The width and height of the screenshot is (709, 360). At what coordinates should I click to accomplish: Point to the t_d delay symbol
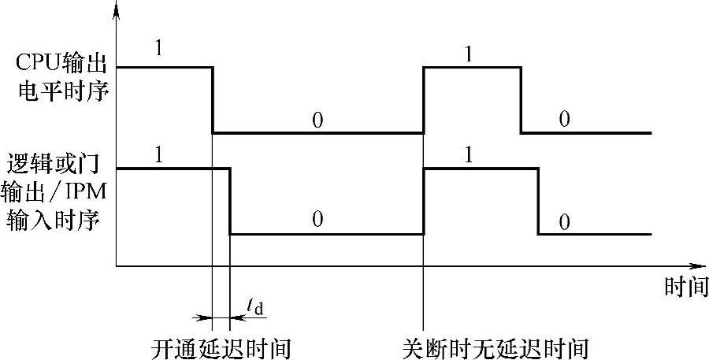254,304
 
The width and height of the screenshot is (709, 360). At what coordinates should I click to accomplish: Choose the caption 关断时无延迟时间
495,347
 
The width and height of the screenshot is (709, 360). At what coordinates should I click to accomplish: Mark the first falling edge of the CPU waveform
213,100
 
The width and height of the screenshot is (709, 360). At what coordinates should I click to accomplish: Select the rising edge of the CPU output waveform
424,100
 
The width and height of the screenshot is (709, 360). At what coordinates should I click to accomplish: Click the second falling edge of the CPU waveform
521,100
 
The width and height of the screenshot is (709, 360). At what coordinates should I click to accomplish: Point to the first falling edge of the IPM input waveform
230,201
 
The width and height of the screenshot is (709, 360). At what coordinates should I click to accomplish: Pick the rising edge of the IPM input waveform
424,201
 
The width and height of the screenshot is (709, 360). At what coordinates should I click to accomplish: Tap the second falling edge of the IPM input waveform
539,201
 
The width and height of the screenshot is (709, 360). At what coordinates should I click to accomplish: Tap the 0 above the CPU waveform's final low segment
565,119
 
